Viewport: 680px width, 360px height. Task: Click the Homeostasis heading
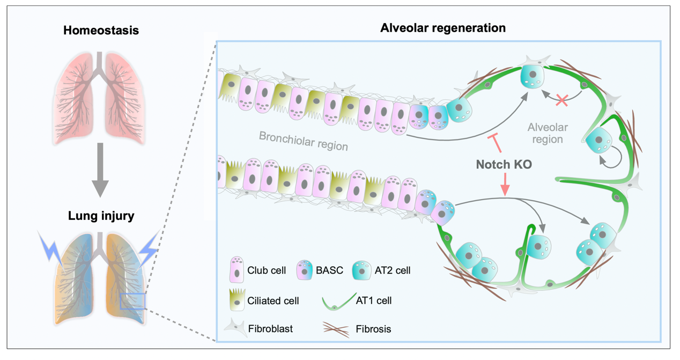[101, 31]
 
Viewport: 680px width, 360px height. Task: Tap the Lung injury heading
[101, 216]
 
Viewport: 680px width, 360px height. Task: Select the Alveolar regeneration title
[443, 28]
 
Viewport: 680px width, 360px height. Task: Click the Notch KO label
[504, 164]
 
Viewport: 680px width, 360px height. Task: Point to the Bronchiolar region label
[304, 141]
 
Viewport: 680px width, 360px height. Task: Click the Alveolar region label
[548, 133]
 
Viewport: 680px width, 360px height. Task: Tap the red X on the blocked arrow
[562, 100]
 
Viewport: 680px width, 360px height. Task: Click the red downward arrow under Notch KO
[505, 185]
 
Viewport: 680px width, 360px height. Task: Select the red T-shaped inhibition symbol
[495, 142]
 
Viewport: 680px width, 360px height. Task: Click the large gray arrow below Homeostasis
[100, 170]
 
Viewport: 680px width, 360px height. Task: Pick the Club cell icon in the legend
[237, 269]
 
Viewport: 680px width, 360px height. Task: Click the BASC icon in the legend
[305, 270]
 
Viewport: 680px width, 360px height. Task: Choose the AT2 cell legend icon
[361, 270]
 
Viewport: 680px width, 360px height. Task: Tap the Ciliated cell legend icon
[238, 300]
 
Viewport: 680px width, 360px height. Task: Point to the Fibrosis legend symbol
[336, 329]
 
